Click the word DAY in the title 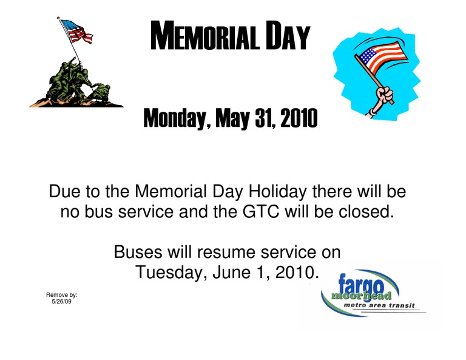click(288, 35)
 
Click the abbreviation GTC click(261, 212)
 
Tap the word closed click(366, 212)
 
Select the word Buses click(138, 252)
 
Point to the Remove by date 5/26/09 click(61, 302)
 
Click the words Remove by click(61, 295)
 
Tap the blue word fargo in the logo click(361, 284)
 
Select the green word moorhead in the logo click(361, 296)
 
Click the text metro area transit click(379, 305)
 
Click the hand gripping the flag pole click(384, 95)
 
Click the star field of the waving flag click(368, 56)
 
